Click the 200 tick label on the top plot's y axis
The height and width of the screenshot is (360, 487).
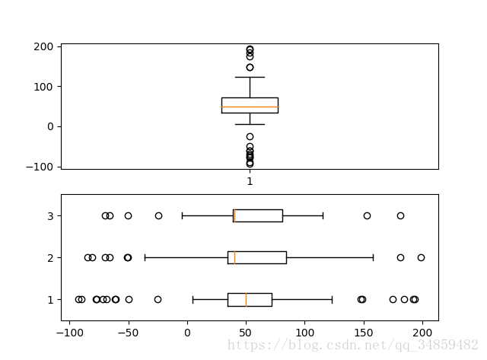click(43, 47)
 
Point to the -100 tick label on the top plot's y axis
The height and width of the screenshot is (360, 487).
click(40, 167)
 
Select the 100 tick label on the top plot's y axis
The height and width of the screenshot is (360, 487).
click(43, 87)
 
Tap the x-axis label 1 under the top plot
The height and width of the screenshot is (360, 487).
click(250, 182)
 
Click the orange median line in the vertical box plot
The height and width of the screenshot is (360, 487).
click(250, 107)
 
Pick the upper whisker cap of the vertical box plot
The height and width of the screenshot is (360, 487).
click(250, 77)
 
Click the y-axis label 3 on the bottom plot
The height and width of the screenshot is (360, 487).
click(49, 216)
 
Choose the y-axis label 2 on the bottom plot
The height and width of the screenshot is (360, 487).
click(49, 258)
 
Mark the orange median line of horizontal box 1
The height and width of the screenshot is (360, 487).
click(246, 299)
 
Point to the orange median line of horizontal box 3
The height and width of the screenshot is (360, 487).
click(234, 215)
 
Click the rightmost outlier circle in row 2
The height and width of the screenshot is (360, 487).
click(421, 257)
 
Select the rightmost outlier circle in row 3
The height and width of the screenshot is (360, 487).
click(400, 215)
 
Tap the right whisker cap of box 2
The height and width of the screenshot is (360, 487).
click(374, 257)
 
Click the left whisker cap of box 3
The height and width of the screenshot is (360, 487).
click(182, 215)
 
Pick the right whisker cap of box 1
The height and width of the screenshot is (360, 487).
click(333, 299)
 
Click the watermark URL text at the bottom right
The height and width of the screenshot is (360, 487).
click(353, 346)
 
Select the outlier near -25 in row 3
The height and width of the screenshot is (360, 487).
click(158, 215)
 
